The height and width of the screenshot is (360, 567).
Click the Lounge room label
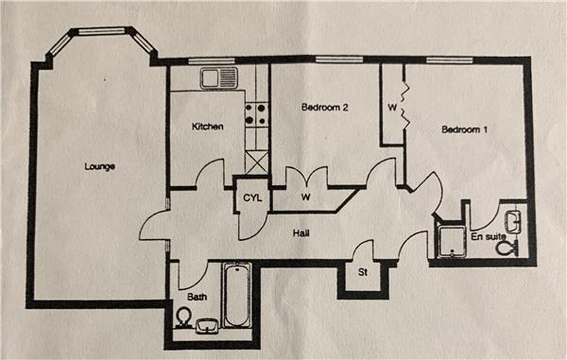[x=100, y=166]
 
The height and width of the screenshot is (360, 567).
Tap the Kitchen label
[x=207, y=127]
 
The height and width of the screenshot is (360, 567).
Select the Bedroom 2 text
[x=324, y=107]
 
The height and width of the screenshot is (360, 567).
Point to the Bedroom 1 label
[x=464, y=129]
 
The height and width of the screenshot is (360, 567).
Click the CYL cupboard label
[x=252, y=197]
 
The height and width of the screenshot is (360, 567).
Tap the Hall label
[x=301, y=233]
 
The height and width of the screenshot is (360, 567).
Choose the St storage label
[x=363, y=272]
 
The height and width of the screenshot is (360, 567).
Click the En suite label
[x=488, y=237]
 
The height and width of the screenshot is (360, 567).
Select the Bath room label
[x=198, y=297]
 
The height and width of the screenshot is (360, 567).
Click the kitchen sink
[x=219, y=78]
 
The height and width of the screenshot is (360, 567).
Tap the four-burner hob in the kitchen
[x=257, y=113]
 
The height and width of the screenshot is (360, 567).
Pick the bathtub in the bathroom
[x=237, y=295]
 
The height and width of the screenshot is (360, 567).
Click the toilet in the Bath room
[x=183, y=317]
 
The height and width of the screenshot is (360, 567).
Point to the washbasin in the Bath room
[x=207, y=326]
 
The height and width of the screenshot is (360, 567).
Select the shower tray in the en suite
[x=452, y=242]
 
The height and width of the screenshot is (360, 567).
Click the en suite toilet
[x=507, y=248]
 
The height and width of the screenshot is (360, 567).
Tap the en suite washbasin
[x=514, y=222]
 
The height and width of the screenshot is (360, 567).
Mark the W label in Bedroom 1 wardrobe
[x=392, y=108]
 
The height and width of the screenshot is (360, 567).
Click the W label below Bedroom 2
[x=306, y=197]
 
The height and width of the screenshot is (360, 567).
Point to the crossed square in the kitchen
[x=257, y=163]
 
